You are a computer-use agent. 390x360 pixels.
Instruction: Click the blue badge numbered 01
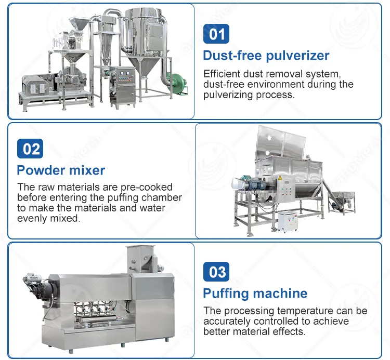pyautogui.click(x=216, y=34)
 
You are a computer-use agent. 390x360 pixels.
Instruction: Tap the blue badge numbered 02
pyautogui.click(x=31, y=149)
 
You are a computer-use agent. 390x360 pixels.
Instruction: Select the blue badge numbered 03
pyautogui.click(x=217, y=272)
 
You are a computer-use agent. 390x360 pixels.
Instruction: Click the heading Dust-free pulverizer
pyautogui.click(x=266, y=56)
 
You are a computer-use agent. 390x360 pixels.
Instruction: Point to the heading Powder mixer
pyautogui.click(x=61, y=170)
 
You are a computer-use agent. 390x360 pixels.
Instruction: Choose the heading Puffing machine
pyautogui.click(x=255, y=293)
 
